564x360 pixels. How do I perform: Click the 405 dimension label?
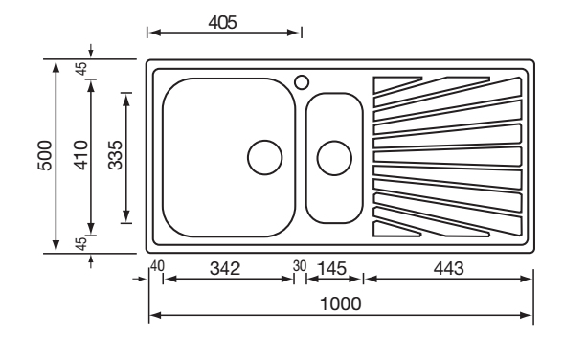pos(223,23)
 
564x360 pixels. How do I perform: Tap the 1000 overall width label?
pos(340,304)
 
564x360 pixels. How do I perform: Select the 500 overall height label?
pos(45,155)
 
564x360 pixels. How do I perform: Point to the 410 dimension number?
pos(80,155)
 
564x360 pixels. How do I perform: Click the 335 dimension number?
pos(116,155)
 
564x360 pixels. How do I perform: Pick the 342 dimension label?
pos(225,269)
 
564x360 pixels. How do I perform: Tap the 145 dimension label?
pos(332,269)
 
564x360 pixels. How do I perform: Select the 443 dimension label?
pos(448,269)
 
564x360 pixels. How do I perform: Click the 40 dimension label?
pos(157,266)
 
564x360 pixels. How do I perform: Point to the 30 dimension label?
pos(300,266)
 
